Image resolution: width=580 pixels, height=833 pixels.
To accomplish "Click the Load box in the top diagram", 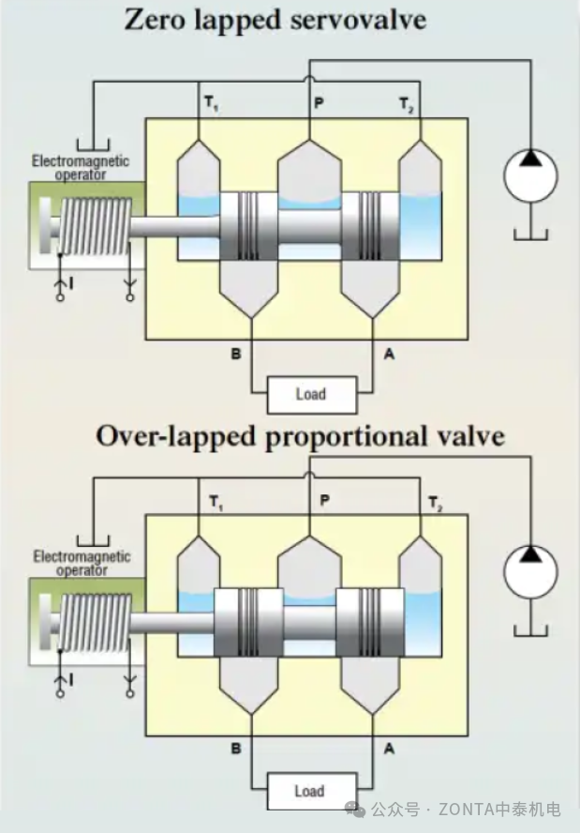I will pyautogui.click(x=310, y=394).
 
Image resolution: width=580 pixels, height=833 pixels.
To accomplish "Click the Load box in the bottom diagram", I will pyautogui.click(x=310, y=791).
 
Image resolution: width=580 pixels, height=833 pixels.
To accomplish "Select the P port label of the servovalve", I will pyautogui.click(x=319, y=102).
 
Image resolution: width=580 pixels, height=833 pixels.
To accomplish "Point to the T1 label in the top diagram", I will pyautogui.click(x=211, y=102).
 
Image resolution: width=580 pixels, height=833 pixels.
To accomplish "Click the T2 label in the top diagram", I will pyautogui.click(x=407, y=102).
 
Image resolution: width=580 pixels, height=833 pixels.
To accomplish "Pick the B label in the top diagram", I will pyautogui.click(x=236, y=353).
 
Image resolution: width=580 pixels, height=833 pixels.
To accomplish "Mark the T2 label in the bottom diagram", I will pyautogui.click(x=434, y=504).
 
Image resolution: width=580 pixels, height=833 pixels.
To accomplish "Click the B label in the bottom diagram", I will pyautogui.click(x=236, y=750).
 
